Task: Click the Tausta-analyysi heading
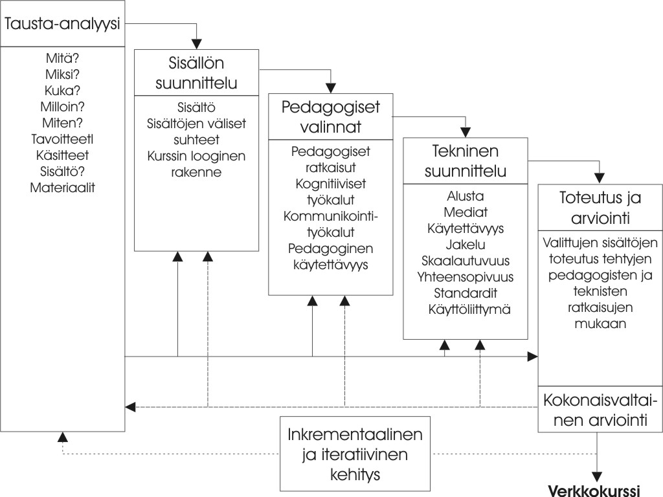click(62, 24)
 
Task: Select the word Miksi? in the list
click(62, 74)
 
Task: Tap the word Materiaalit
click(62, 188)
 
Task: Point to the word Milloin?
click(62, 107)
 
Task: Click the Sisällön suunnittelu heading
click(196, 72)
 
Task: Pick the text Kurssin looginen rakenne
click(196, 164)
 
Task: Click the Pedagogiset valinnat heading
click(331, 116)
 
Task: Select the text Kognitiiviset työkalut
click(331, 192)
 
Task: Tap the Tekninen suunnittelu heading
click(466, 161)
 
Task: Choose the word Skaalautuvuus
click(466, 261)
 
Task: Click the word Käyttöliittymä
click(469, 309)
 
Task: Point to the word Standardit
click(466, 293)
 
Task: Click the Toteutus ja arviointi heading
click(600, 208)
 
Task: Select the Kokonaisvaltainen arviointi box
click(600, 409)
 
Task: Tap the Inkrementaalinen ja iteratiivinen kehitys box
click(355, 454)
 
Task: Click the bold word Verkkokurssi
click(594, 491)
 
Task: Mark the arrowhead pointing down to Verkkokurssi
click(596, 477)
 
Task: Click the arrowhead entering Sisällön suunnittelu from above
click(197, 44)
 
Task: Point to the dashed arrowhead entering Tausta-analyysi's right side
click(130, 407)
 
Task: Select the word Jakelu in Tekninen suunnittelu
click(466, 245)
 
